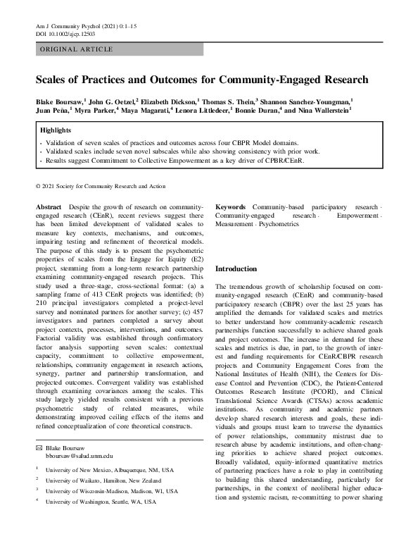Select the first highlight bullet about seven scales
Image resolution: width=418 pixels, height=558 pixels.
161,142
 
